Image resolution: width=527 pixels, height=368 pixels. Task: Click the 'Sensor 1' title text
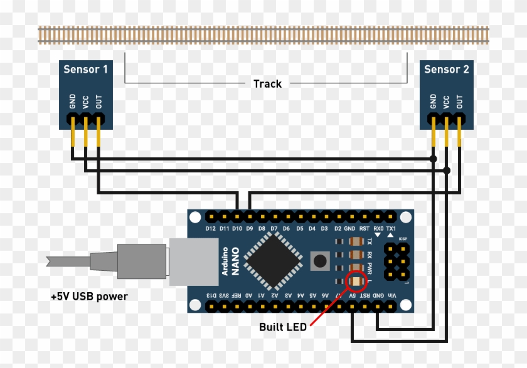pyautogui.click(x=85, y=69)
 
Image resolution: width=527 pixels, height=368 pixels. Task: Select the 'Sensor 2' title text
pyautogui.click(x=446, y=69)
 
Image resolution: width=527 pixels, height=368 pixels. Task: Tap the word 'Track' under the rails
pyautogui.click(x=267, y=83)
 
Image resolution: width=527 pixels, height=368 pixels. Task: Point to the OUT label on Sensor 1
pyautogui.click(x=98, y=102)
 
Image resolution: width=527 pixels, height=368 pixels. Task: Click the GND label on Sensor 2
pyautogui.click(x=433, y=102)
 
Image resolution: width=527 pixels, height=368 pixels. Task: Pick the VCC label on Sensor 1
pyautogui.click(x=85, y=102)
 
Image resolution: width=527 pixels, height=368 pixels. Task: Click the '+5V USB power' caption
pyautogui.click(x=89, y=296)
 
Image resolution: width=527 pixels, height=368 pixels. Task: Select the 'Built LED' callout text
pyautogui.click(x=283, y=327)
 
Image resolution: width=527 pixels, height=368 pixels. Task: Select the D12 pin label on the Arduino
pyautogui.click(x=211, y=228)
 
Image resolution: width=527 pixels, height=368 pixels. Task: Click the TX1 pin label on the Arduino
pyautogui.click(x=391, y=228)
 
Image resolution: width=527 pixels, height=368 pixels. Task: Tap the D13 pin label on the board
pyautogui.click(x=211, y=295)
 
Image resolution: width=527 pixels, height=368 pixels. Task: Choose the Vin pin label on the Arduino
pyautogui.click(x=391, y=295)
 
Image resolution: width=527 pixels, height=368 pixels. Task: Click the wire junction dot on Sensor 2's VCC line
pyautogui.click(x=447, y=171)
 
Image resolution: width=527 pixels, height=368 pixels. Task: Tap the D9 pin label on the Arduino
pyautogui.click(x=250, y=228)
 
